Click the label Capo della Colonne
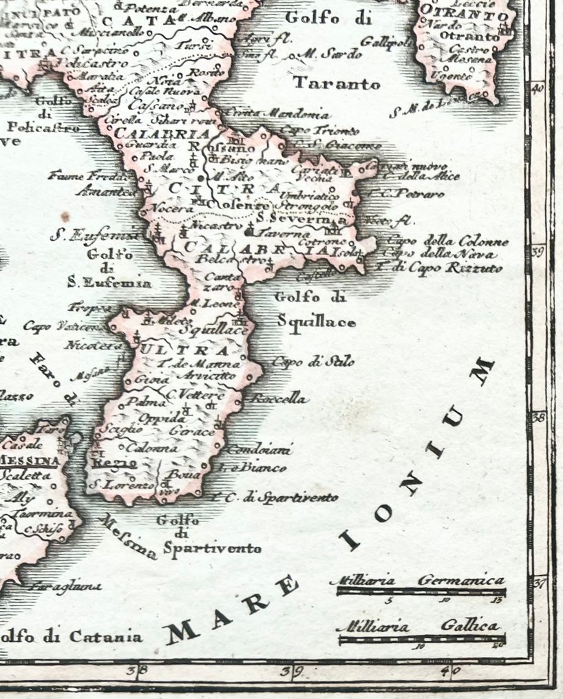(x=448, y=241)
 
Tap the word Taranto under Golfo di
(x=337, y=84)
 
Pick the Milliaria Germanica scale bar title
(x=418, y=581)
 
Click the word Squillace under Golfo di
(x=317, y=321)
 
